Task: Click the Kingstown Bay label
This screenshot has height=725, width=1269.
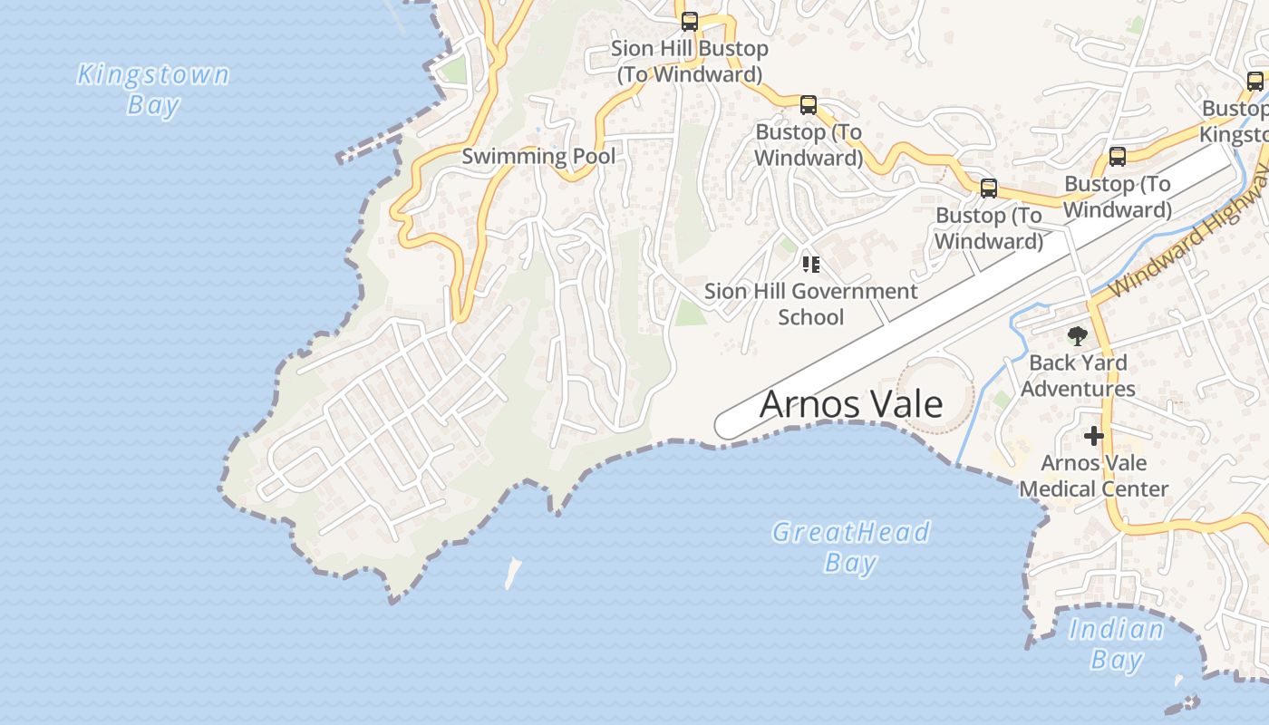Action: pyautogui.click(x=152, y=89)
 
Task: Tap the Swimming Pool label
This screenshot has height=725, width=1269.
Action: pyautogui.click(x=538, y=156)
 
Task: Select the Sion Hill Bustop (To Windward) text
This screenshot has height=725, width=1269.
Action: pyautogui.click(x=689, y=62)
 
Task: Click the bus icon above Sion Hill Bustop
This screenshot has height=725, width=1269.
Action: pyautogui.click(x=690, y=22)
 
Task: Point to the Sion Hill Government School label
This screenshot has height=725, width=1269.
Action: pyautogui.click(x=810, y=304)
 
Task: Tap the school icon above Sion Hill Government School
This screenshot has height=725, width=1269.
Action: pyautogui.click(x=810, y=265)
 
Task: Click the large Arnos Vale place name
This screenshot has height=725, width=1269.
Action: pyautogui.click(x=850, y=404)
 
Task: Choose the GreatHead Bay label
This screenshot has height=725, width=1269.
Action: pyautogui.click(x=850, y=546)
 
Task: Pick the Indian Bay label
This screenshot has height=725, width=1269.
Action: pyautogui.click(x=1116, y=643)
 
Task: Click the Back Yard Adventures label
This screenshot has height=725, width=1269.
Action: pyautogui.click(x=1078, y=375)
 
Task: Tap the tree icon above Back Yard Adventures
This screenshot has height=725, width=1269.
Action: pyautogui.click(x=1077, y=337)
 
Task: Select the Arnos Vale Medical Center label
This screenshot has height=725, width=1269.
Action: pyautogui.click(x=1093, y=476)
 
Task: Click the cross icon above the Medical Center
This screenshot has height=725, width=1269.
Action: pyautogui.click(x=1094, y=437)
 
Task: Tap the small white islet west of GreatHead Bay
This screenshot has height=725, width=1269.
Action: pyautogui.click(x=513, y=573)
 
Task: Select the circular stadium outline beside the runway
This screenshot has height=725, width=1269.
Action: pyautogui.click(x=935, y=393)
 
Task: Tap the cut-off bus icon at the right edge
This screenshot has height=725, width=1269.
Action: pyautogui.click(x=1255, y=82)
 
